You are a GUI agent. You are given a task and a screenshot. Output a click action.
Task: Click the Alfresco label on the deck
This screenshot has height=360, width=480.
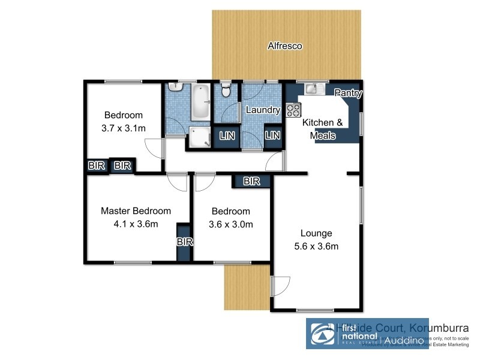click(285, 46)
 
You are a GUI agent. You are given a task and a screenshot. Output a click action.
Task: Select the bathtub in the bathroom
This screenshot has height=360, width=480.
click(199, 101)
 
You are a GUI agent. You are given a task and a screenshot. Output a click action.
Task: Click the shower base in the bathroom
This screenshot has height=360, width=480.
click(198, 136)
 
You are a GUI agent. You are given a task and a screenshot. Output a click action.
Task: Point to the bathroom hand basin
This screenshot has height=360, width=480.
click(175, 88)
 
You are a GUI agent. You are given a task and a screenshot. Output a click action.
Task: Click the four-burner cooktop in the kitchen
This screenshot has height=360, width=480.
click(294, 110)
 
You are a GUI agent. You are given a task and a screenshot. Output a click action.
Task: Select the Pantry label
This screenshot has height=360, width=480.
click(347, 93)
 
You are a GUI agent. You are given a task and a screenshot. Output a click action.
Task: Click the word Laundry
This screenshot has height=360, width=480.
click(263, 110)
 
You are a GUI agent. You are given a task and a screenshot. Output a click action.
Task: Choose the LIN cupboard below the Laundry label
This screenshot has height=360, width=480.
click(272, 136)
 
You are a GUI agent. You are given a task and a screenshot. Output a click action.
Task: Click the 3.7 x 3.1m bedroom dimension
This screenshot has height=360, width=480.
click(124, 128)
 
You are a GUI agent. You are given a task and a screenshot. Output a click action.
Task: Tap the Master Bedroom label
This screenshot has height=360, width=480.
click(136, 211)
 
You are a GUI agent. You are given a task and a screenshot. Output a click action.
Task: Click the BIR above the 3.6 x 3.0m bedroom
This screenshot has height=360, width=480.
click(251, 181)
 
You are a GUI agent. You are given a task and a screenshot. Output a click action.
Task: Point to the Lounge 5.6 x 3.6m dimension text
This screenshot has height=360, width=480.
click(317, 247)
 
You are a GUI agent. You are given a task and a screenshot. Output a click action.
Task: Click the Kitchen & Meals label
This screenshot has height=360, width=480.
click(322, 129)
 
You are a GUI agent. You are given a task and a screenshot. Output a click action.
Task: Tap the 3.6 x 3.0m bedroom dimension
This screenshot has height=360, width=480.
click(231, 225)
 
